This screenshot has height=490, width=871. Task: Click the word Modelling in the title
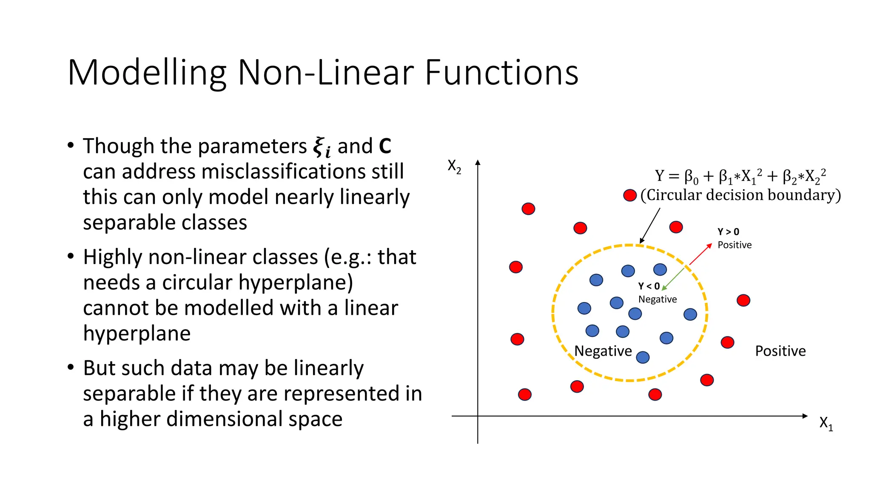tap(147, 73)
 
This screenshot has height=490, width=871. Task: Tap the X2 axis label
tap(454, 167)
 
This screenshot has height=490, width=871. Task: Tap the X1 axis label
tap(826, 424)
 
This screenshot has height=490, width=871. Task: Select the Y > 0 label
tap(728, 232)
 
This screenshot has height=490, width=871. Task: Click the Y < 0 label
tap(649, 286)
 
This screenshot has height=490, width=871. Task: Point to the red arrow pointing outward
tap(700, 254)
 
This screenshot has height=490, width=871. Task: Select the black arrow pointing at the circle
tap(650, 226)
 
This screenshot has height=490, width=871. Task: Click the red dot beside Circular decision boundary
tap(629, 195)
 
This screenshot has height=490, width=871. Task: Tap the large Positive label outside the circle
tap(780, 351)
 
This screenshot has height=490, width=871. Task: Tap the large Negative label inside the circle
tap(603, 351)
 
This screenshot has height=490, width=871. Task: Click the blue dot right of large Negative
tap(643, 357)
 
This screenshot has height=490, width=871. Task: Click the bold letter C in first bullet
tap(384, 146)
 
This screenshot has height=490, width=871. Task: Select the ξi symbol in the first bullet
tap(322, 147)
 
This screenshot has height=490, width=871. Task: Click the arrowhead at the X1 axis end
tap(805, 416)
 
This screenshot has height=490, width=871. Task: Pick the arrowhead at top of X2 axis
tap(478, 162)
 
